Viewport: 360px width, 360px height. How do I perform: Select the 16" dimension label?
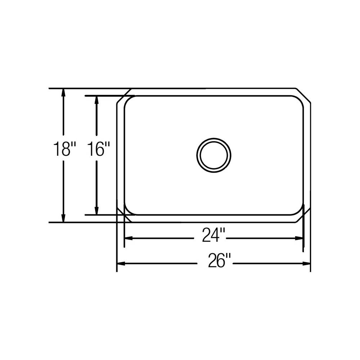[x=98, y=149]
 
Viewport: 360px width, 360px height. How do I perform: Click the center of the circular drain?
[x=214, y=155]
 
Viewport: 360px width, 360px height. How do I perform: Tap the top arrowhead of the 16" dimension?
[x=97, y=100]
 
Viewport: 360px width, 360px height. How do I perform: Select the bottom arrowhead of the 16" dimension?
[x=97, y=211]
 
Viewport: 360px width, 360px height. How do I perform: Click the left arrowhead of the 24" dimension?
[x=129, y=238]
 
